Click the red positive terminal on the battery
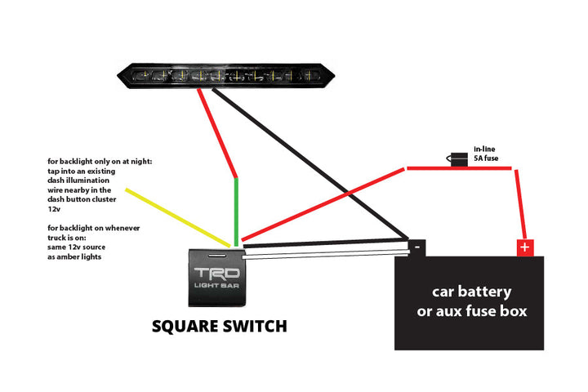tap(524, 247)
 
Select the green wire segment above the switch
tap(237, 208)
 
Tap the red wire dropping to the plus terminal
tap(517, 204)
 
